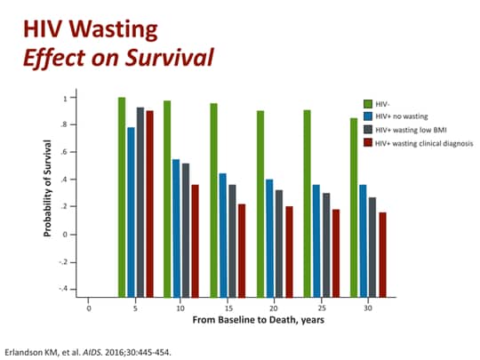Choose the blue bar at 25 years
point(316,240)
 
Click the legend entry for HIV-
point(383,103)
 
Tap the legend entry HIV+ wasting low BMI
point(404,129)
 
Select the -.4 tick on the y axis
point(62,289)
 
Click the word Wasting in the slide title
point(119,30)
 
